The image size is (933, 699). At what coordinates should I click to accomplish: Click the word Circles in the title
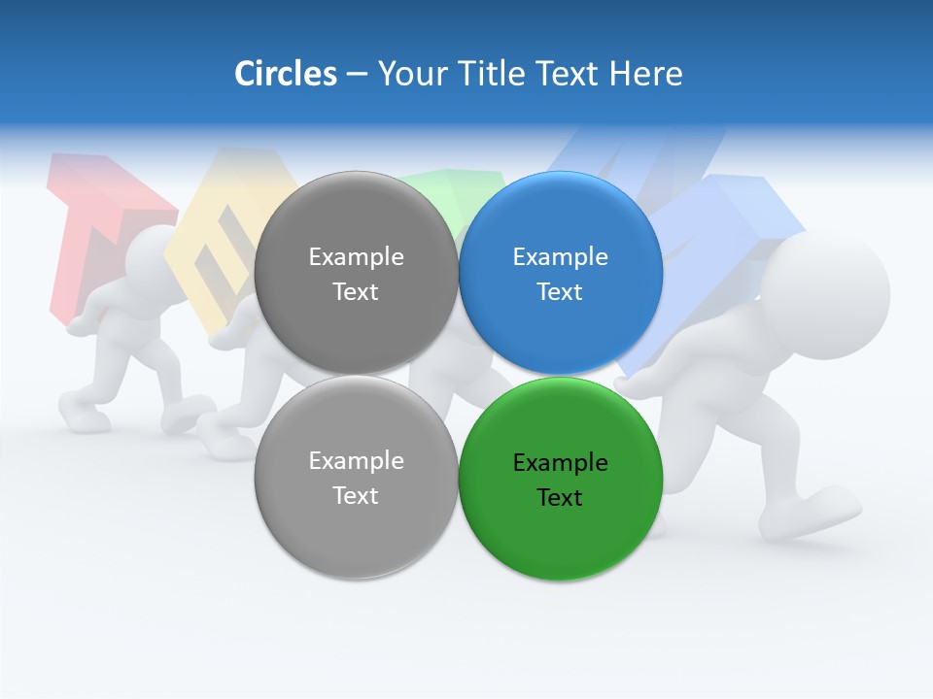click(x=285, y=74)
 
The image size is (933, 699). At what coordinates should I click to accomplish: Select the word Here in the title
click(x=646, y=74)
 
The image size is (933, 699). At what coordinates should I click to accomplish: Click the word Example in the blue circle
click(x=561, y=257)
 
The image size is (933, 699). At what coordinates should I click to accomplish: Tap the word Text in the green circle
click(x=560, y=498)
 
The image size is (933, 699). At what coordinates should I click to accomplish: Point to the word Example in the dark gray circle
click(x=356, y=257)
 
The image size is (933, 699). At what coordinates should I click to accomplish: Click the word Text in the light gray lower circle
click(x=356, y=495)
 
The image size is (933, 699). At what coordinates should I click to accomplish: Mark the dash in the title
click(x=357, y=74)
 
